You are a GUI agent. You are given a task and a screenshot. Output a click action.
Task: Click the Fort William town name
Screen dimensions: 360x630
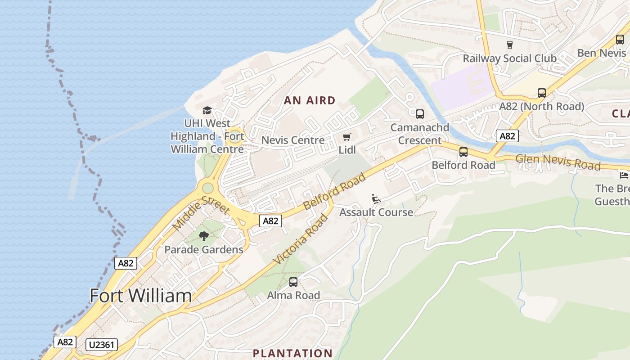click(x=141, y=296)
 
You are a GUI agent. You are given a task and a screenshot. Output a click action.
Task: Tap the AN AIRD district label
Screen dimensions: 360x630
click(x=310, y=100)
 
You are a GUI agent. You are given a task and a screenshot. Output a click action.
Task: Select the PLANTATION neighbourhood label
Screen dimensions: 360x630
click(x=292, y=353)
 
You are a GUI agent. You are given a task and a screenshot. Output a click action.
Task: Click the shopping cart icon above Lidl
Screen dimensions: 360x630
click(x=346, y=137)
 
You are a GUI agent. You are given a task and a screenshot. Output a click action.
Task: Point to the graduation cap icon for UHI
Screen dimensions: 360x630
click(x=207, y=110)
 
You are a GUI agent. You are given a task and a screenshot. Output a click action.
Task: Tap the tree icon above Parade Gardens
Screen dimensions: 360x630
click(x=204, y=236)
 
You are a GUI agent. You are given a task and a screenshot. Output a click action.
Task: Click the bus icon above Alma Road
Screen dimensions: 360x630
click(x=293, y=282)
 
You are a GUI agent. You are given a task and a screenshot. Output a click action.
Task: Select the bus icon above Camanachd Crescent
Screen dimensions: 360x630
click(x=420, y=114)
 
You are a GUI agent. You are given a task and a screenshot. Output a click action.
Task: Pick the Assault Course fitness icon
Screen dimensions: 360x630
click(x=376, y=198)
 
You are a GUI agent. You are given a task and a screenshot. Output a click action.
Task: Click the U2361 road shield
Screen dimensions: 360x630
click(x=102, y=345)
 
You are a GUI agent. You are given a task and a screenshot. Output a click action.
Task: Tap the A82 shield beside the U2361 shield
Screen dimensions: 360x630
click(x=65, y=342)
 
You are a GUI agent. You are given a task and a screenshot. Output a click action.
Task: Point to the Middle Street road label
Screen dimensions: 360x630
click(x=202, y=213)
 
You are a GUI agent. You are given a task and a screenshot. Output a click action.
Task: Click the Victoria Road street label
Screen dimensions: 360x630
click(x=300, y=239)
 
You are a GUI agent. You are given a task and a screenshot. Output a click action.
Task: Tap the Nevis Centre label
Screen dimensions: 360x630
click(x=293, y=140)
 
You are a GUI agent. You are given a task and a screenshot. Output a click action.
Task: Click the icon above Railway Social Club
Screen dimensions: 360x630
click(x=510, y=45)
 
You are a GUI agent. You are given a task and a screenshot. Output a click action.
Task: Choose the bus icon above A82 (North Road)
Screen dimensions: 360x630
click(x=542, y=93)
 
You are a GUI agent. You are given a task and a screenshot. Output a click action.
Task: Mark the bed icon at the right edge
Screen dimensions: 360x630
click(x=624, y=175)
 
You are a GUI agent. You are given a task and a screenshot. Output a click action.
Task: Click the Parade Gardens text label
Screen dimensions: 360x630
click(x=204, y=249)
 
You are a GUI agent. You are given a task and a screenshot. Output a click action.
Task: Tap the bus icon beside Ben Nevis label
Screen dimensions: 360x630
click(x=620, y=40)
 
